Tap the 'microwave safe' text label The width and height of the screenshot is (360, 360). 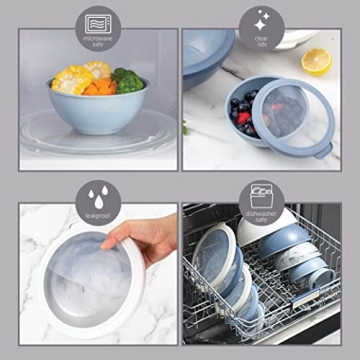pyautogui.click(x=98, y=42)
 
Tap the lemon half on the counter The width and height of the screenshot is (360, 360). pyautogui.click(x=317, y=60)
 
